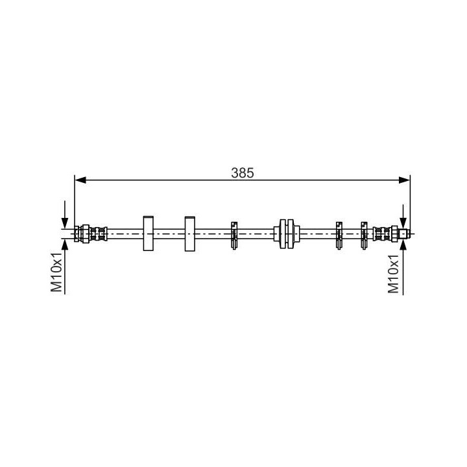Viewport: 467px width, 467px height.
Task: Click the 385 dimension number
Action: tap(243, 173)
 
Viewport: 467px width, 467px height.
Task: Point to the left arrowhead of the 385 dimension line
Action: tap(80, 180)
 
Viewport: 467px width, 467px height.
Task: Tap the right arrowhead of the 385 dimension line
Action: tap(404, 180)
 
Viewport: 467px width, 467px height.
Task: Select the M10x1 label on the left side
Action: tap(56, 272)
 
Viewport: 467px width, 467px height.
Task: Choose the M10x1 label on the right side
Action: tap(394, 274)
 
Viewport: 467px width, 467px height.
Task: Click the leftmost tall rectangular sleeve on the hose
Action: tap(149, 233)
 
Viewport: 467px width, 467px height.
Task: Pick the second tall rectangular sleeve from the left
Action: tap(190, 233)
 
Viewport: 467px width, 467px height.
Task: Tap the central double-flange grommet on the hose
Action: tap(287, 233)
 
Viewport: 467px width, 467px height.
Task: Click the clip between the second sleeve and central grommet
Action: tap(234, 235)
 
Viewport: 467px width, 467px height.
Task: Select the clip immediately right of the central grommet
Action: tap(339, 235)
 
